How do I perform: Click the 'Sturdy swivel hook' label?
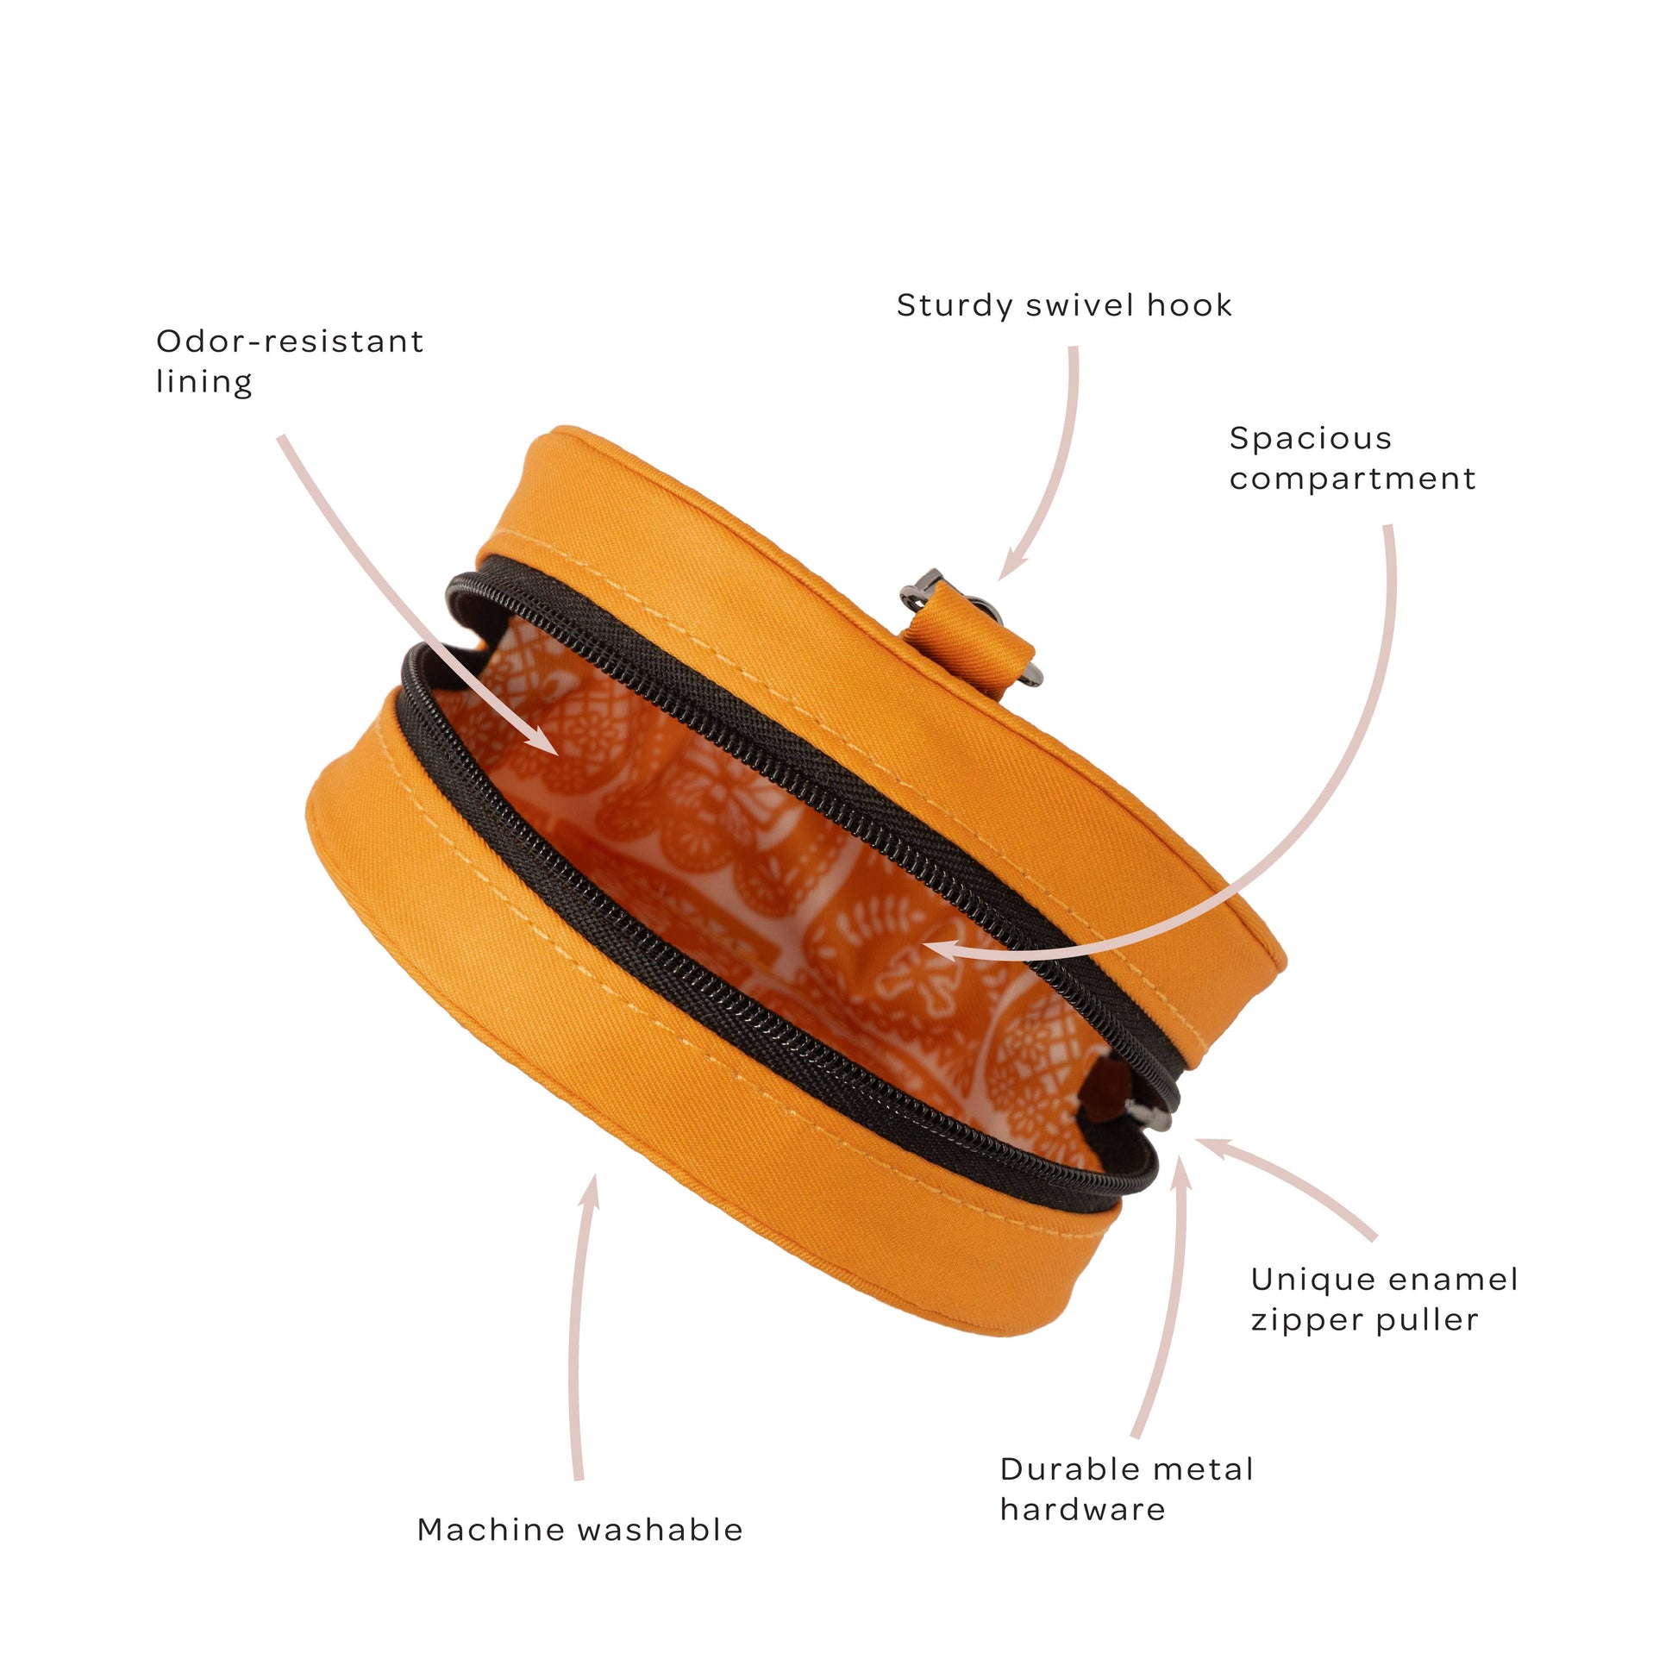click(1064, 306)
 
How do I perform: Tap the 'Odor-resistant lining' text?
click(290, 361)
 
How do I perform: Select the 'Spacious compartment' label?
click(1352, 459)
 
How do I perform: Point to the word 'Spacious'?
click(1311, 439)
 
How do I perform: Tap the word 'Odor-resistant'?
click(290, 341)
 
